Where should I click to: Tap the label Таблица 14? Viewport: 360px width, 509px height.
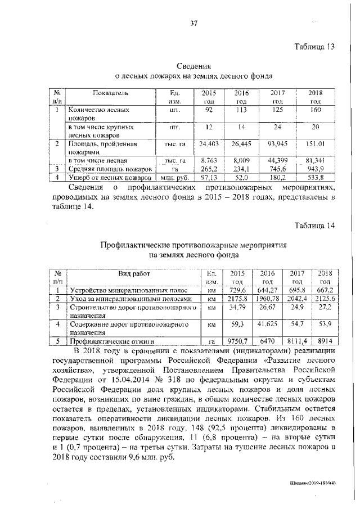[314, 226]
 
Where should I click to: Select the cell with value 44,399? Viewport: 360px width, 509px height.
[278, 161]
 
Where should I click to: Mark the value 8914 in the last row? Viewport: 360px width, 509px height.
[325, 341]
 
